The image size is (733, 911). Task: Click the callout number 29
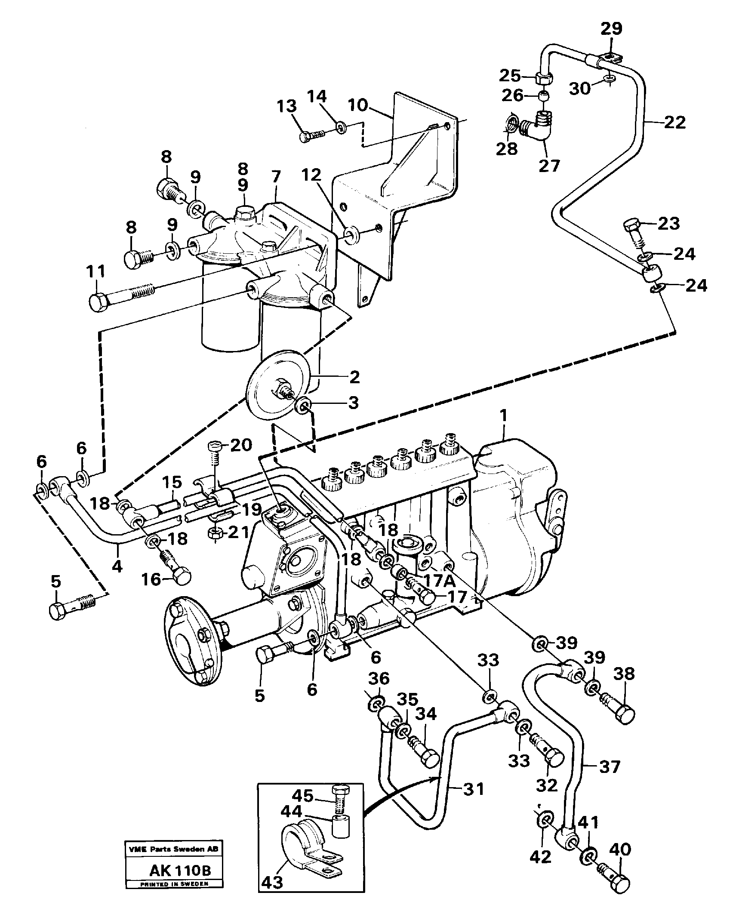[611, 29]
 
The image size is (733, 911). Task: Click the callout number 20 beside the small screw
[240, 445]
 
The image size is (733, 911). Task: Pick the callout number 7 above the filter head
[275, 177]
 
